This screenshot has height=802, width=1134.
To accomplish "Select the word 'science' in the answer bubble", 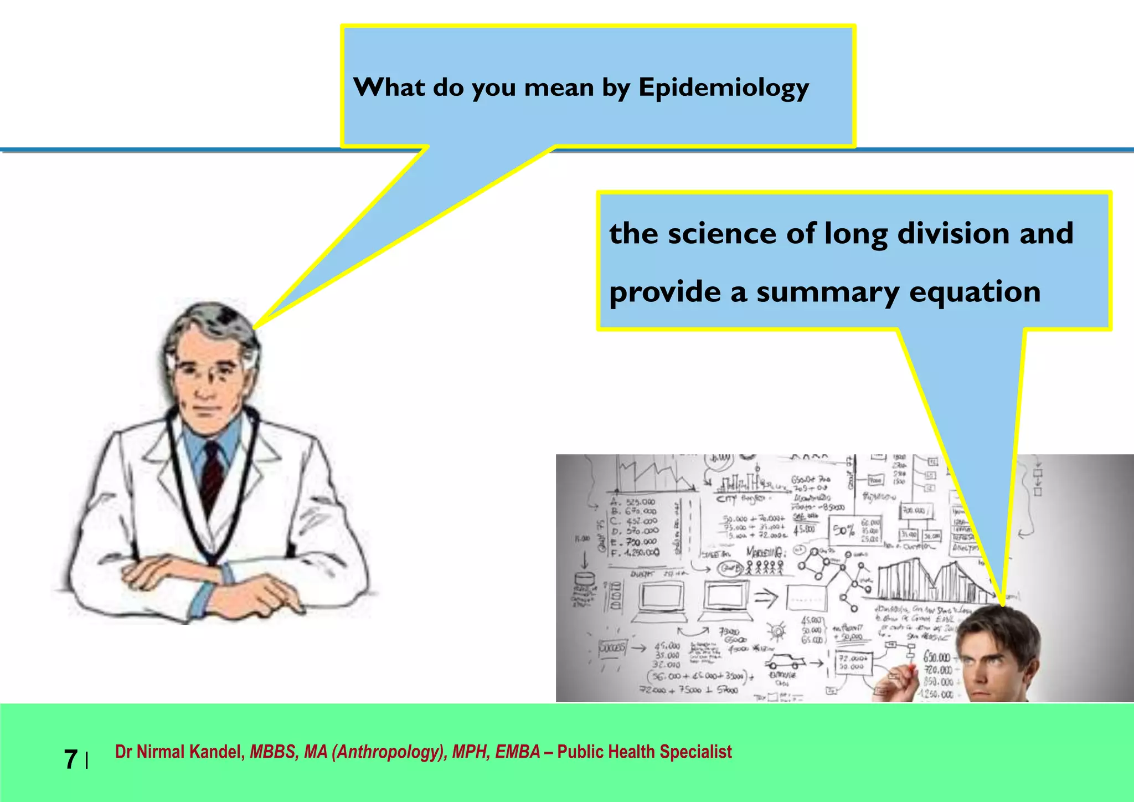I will pos(722,233).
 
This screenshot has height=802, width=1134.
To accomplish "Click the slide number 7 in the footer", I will pos(71,759).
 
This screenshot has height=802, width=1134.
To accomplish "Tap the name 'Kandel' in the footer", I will pos(217,752).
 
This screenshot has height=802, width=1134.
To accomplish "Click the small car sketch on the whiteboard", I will pos(785,662).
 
